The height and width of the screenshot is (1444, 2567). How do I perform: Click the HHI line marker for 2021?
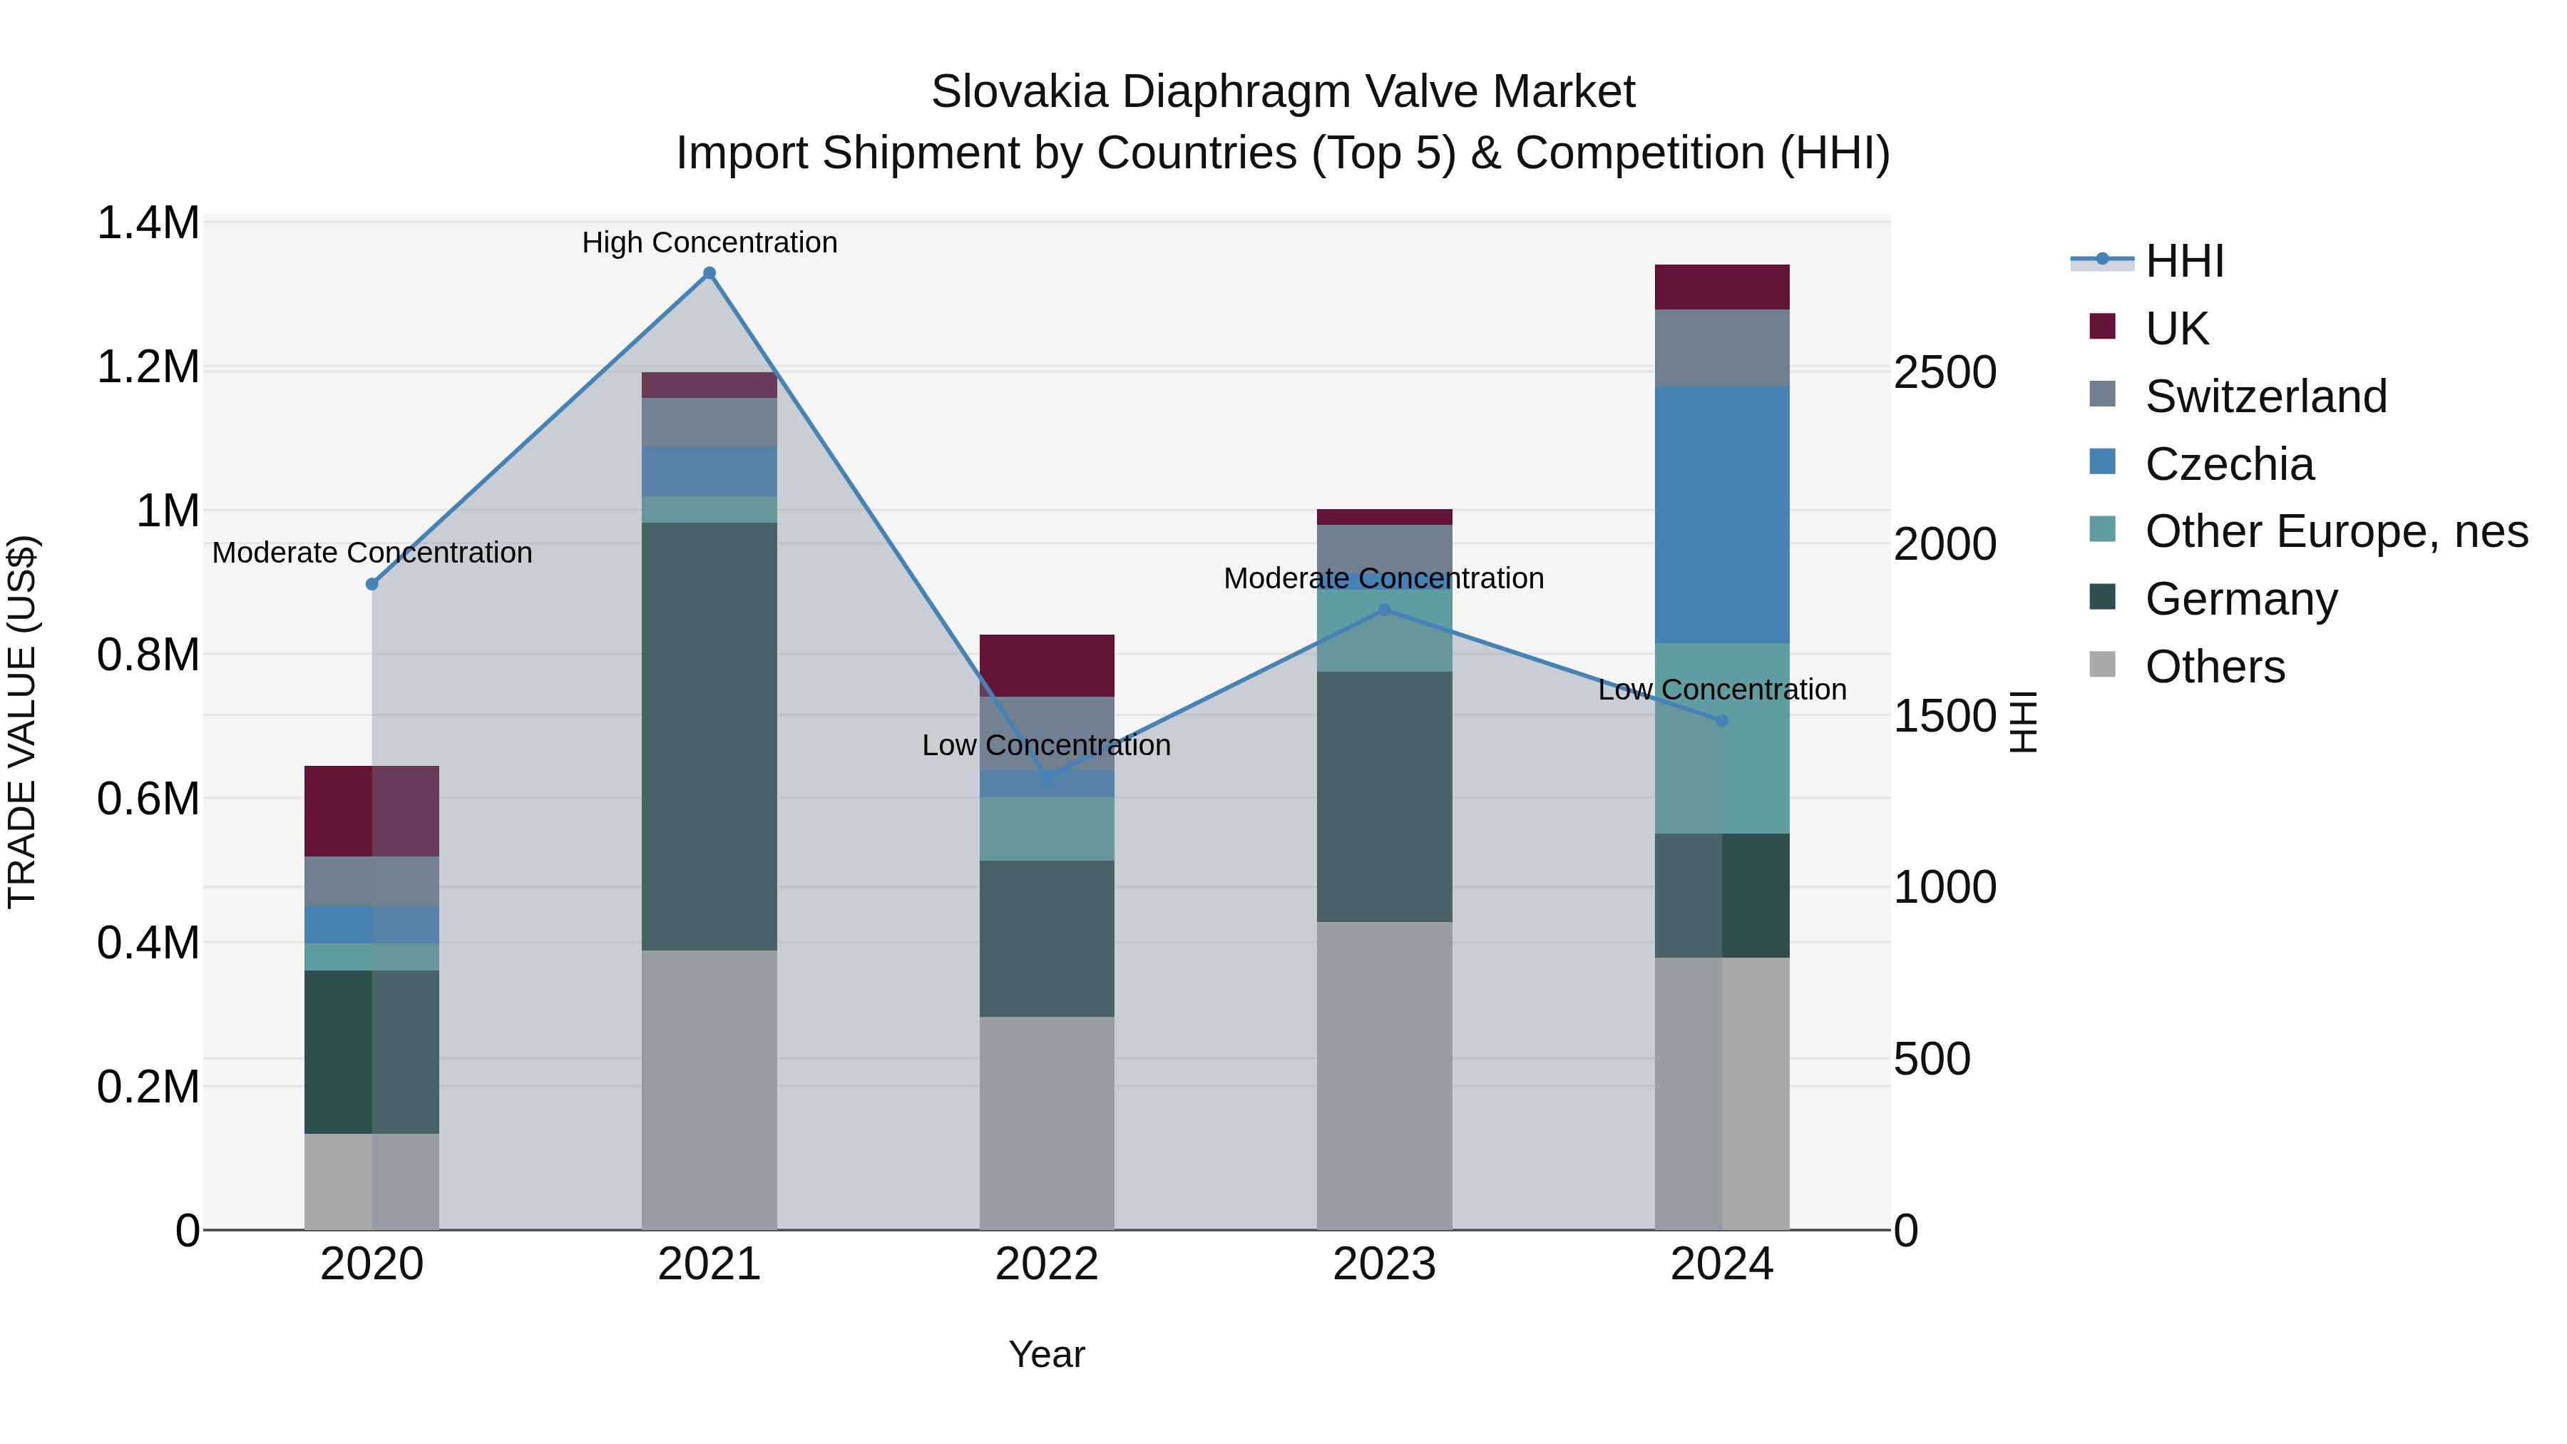[709, 273]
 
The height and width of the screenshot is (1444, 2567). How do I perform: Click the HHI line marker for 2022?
[1046, 777]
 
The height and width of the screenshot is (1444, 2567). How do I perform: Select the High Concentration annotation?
[709, 242]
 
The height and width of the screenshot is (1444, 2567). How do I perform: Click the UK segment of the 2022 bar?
[1046, 665]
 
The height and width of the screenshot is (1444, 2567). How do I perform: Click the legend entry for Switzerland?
[2265, 396]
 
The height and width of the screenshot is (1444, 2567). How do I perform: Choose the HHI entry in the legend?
[2183, 261]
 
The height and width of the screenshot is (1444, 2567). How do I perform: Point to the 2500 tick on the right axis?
[1945, 373]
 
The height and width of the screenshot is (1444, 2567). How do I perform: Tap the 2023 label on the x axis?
[1383, 1264]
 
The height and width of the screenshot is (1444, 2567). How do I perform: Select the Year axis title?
[1046, 1354]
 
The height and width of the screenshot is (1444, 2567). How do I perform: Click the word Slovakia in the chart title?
[1018, 92]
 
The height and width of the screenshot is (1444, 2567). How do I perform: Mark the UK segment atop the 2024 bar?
[1721, 287]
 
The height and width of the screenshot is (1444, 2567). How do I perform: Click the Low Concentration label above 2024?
[1721, 690]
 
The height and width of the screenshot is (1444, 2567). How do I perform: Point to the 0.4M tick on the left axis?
[148, 943]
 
